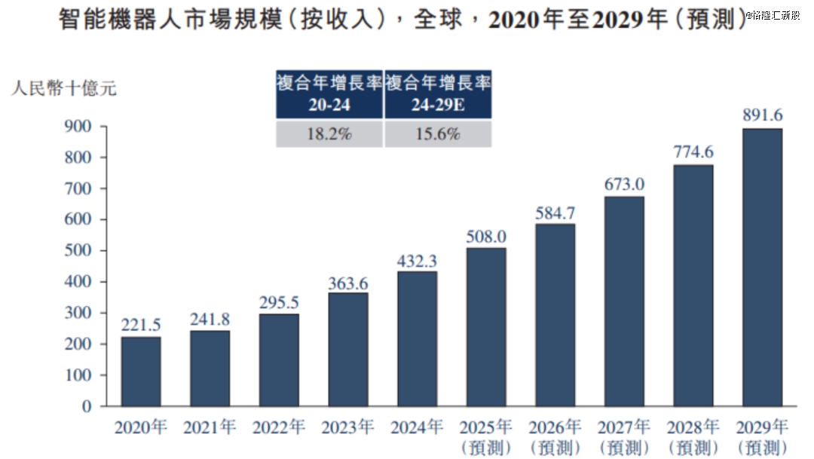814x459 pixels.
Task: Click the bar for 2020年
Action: point(141,371)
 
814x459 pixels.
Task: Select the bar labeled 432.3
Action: point(417,338)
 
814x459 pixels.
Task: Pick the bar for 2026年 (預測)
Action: point(555,314)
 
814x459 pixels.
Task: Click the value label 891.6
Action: point(762,115)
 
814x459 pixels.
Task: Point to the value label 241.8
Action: point(210,317)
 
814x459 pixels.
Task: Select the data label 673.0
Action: point(624,184)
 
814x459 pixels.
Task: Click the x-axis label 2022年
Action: point(279,427)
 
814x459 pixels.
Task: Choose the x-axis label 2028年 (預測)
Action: point(693,436)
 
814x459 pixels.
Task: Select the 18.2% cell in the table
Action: point(329,134)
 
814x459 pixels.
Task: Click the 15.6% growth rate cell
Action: point(438,134)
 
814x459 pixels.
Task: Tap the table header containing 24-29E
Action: point(438,94)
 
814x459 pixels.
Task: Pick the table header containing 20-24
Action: point(329,94)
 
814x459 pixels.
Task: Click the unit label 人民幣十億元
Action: point(63,88)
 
